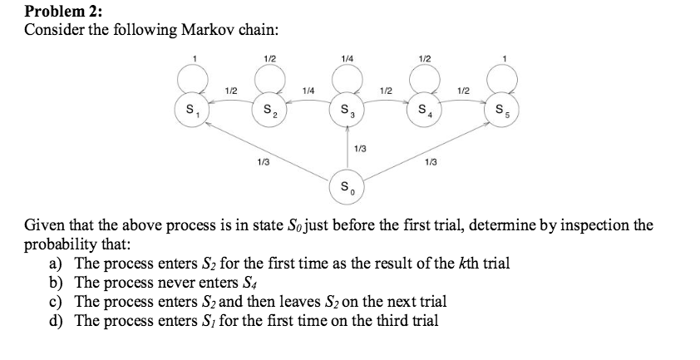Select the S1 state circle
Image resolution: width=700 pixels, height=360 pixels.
pos(190,110)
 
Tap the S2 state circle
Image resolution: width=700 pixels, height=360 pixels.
pos(269,110)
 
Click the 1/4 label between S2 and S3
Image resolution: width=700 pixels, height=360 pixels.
pos(308,89)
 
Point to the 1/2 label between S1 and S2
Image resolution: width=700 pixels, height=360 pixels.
pos(232,89)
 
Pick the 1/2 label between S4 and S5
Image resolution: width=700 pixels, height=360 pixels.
pos(465,89)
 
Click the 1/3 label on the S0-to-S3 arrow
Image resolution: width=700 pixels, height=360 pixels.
pos(360,149)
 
